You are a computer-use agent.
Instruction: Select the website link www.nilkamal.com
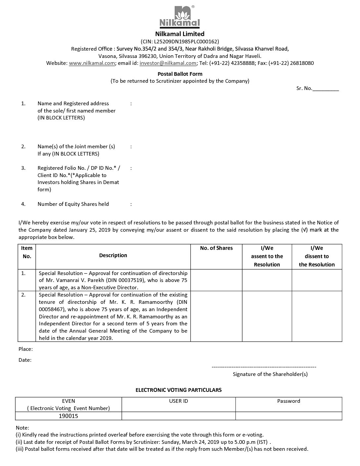point(92,63)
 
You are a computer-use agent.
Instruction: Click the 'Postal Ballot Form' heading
point(180,74)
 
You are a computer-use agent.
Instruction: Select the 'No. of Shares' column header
point(216,248)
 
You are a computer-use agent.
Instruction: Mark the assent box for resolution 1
point(267,280)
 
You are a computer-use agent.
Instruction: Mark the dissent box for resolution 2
point(317,316)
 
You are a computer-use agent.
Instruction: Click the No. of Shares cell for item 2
point(216,316)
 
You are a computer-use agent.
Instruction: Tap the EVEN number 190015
point(68,416)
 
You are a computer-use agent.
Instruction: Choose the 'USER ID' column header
point(178,401)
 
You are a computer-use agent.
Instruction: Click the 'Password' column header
point(289,401)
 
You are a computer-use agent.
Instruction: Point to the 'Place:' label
point(25,349)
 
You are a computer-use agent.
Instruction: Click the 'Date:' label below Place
point(25,360)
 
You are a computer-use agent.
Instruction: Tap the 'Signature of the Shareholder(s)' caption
point(270,374)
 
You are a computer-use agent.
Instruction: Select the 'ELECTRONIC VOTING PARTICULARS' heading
point(178,390)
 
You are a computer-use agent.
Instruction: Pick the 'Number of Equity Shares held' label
point(73,204)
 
